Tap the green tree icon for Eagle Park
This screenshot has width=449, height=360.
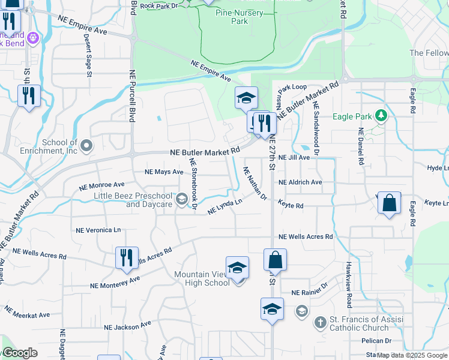pos(379,115)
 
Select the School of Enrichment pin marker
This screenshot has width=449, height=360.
pos(87,145)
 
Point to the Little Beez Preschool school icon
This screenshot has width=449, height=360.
pos(181,199)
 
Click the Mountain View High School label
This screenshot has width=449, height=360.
pos(201,278)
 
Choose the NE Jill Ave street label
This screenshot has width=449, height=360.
pos(294,157)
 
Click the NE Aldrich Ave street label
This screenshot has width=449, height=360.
pos(300,182)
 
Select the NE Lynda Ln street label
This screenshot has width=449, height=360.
pos(224,207)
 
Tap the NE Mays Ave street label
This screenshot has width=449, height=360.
pos(164,172)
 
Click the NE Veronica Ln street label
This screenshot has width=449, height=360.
pos(98,230)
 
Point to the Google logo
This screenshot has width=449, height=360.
pos(19,353)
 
